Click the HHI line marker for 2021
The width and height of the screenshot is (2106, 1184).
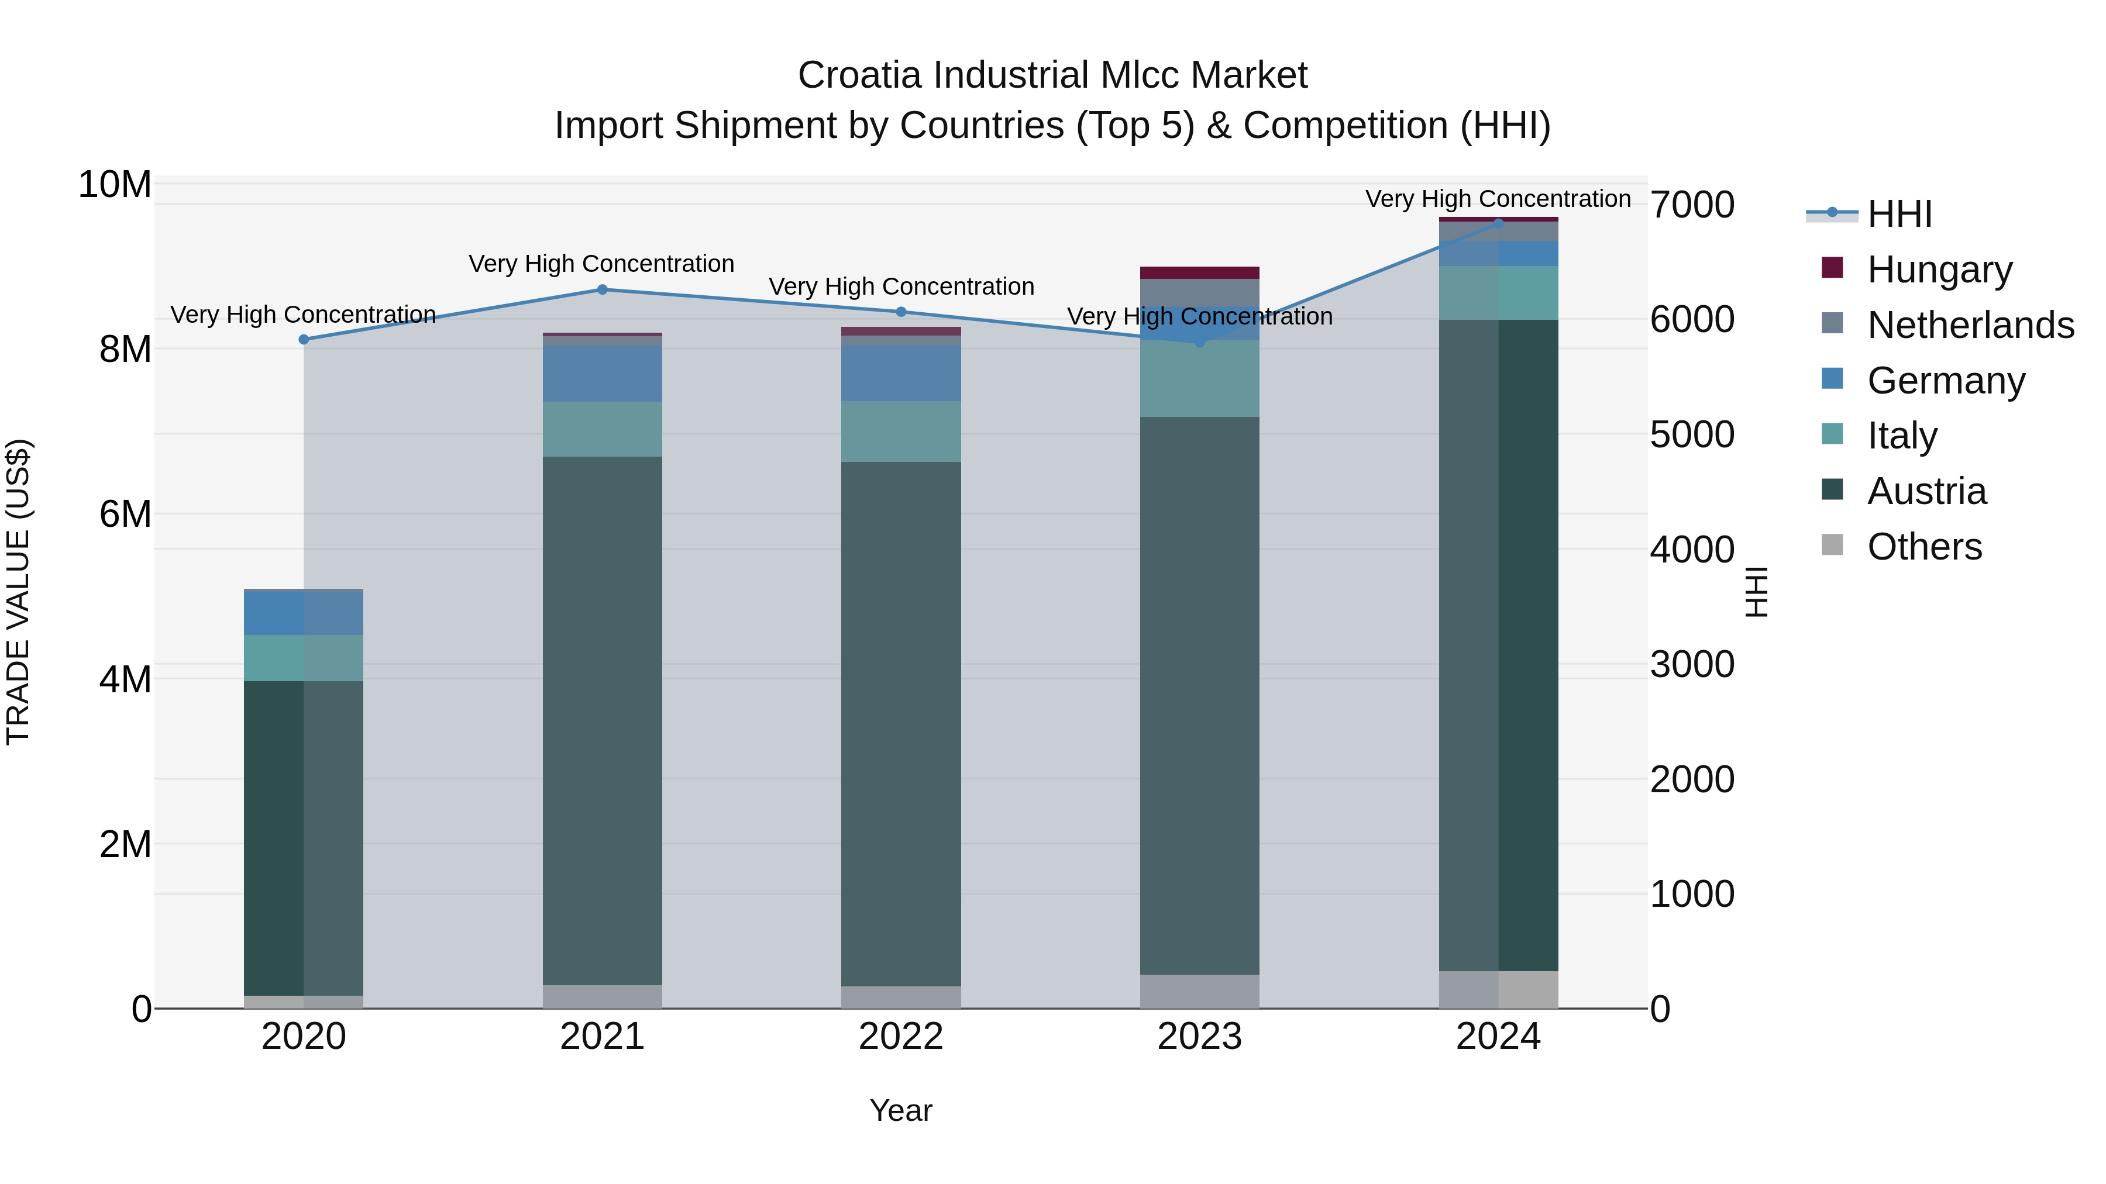point(602,289)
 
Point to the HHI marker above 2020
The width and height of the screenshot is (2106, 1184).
point(303,339)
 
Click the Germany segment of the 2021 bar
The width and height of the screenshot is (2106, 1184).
point(602,374)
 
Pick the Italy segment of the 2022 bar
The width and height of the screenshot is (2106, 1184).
point(901,432)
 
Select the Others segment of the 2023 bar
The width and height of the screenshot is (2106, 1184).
point(1199,990)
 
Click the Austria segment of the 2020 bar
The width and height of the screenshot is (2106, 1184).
point(303,837)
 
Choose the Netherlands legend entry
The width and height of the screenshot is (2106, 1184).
point(1970,325)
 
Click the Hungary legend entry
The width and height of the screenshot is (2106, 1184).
point(1939,270)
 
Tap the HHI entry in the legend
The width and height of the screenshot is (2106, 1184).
point(1899,214)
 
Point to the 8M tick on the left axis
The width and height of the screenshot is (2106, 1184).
point(125,350)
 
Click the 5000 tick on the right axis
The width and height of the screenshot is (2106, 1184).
point(1691,434)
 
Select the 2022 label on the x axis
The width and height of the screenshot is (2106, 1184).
point(901,1037)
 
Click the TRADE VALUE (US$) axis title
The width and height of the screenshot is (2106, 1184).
point(18,592)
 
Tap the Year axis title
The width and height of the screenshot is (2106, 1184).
point(901,1110)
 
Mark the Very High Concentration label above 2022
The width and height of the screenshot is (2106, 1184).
point(901,287)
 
